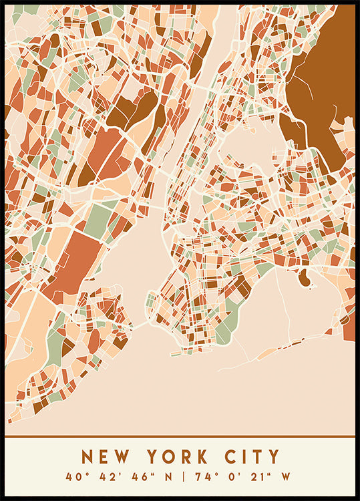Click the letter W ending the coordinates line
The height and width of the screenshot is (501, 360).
click(285, 477)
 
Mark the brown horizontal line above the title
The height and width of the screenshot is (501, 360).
click(180, 437)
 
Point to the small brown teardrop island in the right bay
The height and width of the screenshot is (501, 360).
click(304, 278)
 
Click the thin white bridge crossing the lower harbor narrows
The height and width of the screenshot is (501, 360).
click(141, 325)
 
